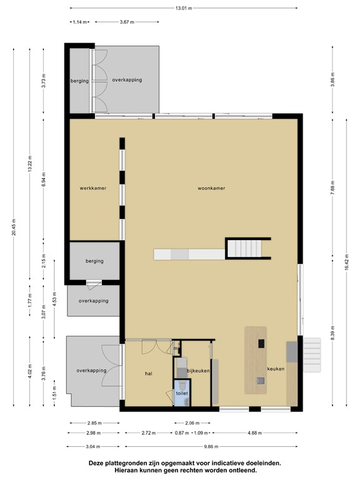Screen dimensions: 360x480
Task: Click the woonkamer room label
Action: pos(211,188)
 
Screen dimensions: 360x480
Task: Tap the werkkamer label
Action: pos(93,188)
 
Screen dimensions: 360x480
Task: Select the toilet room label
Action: pos(182,393)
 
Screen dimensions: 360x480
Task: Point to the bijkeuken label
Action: pos(198,371)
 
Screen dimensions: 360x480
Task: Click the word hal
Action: pos(149,374)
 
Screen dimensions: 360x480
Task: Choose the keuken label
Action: pos(276,369)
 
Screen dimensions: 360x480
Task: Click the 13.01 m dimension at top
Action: pos(184,8)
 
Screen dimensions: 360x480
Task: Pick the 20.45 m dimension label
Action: pos(14,227)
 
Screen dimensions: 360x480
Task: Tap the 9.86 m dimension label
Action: pos(211,447)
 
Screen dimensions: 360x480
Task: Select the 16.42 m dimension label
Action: pos(346,262)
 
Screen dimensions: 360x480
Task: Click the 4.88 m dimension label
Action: pos(255,433)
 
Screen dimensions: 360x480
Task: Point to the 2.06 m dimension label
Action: pos(192,423)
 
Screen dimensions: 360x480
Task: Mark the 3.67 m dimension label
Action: pos(127,22)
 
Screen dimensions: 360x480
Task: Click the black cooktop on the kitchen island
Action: pos(261,344)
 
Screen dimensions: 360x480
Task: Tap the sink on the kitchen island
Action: pos(261,381)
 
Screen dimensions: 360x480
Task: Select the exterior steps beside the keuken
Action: pos(312,355)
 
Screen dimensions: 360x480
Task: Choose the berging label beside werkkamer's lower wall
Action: pos(94,261)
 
